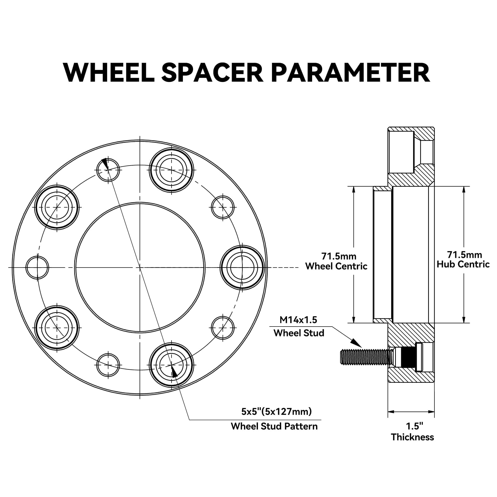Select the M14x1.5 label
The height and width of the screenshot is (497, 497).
[x=298, y=320]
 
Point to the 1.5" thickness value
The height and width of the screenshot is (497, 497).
[x=414, y=426]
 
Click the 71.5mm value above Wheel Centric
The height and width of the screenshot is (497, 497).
[x=338, y=256]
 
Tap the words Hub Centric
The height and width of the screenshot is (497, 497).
[x=463, y=264]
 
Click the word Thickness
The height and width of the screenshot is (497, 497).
[x=412, y=437]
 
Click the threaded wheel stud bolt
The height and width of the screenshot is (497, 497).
[x=365, y=357]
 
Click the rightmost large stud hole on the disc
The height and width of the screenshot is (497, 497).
[x=242, y=268]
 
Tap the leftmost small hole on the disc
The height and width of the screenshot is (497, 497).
[x=38, y=268]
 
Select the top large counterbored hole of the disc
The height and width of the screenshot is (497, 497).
[x=171, y=170]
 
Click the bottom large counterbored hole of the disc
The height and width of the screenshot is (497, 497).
[x=171, y=365]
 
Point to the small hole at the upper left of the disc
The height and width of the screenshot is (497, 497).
[x=108, y=170]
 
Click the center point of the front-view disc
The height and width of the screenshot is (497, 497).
[x=140, y=268]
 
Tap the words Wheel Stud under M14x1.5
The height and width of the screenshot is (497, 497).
[x=299, y=333]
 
